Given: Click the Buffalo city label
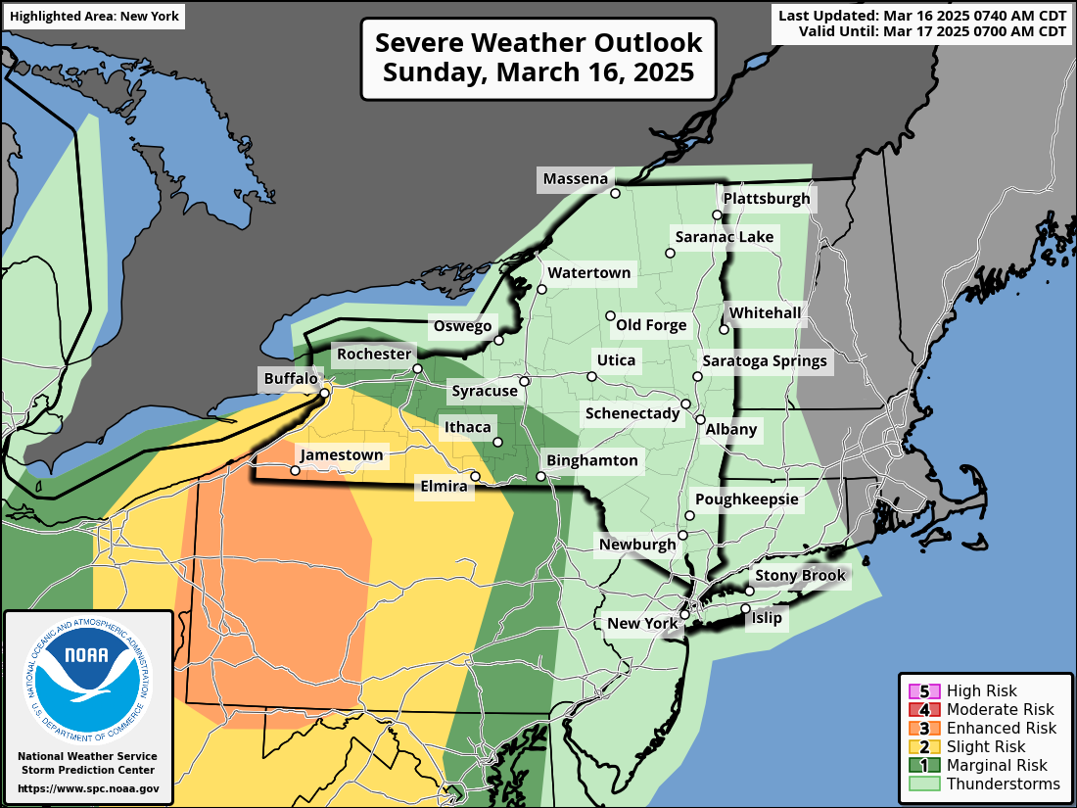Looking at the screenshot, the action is click(290, 379).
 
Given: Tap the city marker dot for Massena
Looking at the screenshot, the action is click(616, 194).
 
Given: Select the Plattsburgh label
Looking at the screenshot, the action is click(767, 199).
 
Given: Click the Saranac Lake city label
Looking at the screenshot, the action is click(724, 237).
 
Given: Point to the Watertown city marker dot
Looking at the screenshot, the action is click(541, 289).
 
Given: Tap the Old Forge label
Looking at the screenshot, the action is click(651, 325).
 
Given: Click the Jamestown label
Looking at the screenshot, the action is click(342, 455).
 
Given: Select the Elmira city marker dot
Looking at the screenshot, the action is click(475, 477).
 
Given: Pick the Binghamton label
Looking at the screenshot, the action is click(591, 460).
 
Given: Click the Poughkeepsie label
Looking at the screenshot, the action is click(747, 499).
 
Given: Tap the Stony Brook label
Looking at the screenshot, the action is click(800, 576).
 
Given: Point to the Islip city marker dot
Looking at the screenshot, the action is click(745, 609).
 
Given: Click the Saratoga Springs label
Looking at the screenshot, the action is click(765, 361).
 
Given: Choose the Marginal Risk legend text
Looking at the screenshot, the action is click(997, 765).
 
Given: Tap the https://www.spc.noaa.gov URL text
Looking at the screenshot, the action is click(87, 788).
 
